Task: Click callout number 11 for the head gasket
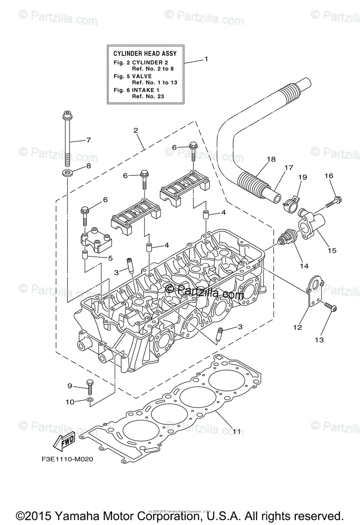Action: (x=236, y=431)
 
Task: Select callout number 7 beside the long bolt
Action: (x=88, y=140)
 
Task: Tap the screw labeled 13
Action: (x=331, y=308)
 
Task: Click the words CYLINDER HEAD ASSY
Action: (x=145, y=53)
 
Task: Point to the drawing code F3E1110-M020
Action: (x=65, y=460)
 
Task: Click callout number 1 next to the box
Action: (x=206, y=59)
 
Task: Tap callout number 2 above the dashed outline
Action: (x=136, y=130)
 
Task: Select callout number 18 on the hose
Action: (x=271, y=159)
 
